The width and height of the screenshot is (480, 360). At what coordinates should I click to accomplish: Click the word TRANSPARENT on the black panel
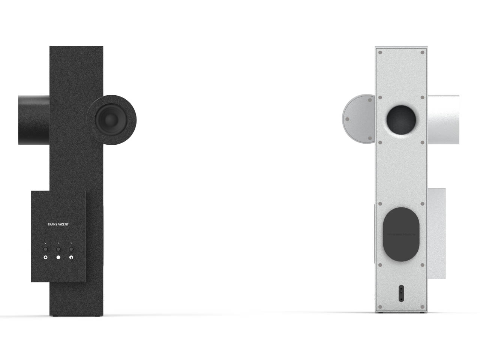[58, 224]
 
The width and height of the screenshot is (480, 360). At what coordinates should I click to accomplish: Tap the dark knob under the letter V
[46, 249]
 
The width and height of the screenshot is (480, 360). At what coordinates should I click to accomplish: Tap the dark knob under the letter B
[58, 249]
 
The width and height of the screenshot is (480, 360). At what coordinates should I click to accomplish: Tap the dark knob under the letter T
[71, 249]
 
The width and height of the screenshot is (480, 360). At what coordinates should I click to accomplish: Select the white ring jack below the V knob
[46, 258]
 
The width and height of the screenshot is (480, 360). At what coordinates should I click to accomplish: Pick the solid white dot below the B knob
[58, 258]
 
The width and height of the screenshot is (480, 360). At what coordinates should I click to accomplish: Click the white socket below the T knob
[71, 258]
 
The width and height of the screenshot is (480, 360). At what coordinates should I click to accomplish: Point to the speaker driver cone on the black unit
[109, 120]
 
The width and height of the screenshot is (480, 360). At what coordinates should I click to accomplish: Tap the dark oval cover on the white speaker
[400, 234]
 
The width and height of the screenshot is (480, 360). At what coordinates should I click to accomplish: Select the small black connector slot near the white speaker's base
[401, 292]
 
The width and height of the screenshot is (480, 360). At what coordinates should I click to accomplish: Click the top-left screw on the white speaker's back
[380, 52]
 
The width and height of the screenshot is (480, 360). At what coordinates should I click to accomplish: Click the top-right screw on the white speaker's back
[422, 52]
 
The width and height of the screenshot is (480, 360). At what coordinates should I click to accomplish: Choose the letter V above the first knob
[46, 243]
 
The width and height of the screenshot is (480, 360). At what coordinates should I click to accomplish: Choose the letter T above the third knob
[71, 243]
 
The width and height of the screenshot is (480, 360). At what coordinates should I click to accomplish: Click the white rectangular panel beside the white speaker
[436, 232]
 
